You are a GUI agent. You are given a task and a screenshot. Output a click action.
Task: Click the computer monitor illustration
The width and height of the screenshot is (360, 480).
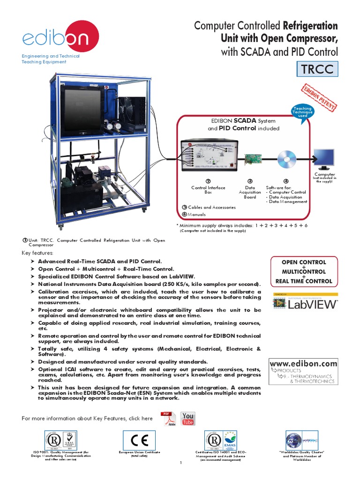324,160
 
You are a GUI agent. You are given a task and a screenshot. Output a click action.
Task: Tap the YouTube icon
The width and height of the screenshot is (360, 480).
187,419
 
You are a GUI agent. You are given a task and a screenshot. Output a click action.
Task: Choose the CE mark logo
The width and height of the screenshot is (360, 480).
139,440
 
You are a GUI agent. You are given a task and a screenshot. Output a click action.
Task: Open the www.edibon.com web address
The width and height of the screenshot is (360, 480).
303,363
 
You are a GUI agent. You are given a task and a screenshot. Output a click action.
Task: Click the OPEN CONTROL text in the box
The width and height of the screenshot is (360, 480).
303,262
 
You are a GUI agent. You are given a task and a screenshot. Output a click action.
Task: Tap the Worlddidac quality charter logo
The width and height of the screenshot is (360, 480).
301,441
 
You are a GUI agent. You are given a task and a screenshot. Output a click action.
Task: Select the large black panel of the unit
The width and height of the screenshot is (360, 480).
83,108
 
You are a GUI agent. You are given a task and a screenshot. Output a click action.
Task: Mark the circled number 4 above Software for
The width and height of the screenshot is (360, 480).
286,181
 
